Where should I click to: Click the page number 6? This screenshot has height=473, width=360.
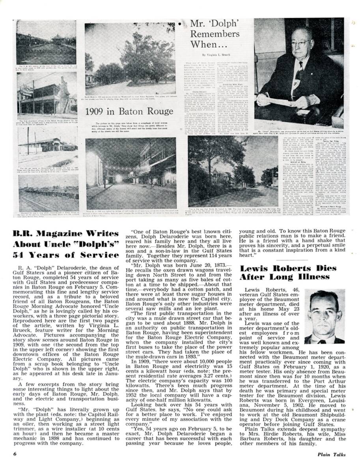(x=15, y=454)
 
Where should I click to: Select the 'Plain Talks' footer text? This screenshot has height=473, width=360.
(x=332, y=454)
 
